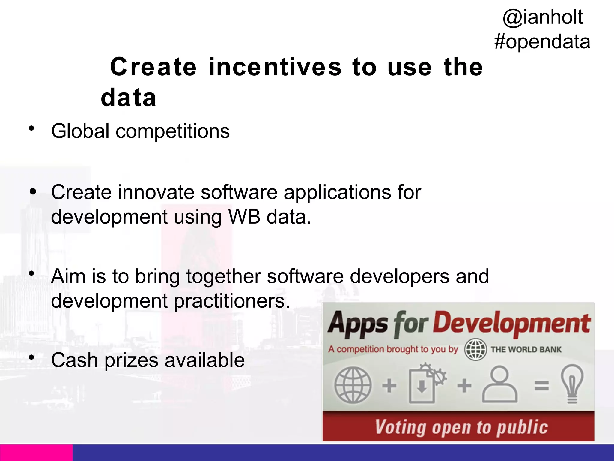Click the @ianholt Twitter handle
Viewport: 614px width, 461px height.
(x=543, y=17)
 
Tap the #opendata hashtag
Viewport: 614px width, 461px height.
(x=542, y=41)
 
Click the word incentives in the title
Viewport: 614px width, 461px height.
(x=275, y=67)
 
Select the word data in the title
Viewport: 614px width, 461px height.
(x=129, y=98)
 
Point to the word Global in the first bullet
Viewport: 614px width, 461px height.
(x=80, y=131)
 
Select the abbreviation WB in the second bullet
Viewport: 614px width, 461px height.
(x=244, y=217)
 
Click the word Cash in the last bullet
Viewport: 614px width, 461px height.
(x=74, y=360)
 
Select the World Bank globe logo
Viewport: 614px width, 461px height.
(x=475, y=349)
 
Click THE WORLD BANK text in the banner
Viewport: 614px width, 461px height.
(x=526, y=350)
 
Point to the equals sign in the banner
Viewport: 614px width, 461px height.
(x=541, y=385)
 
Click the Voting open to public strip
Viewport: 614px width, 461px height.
(x=458, y=427)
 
